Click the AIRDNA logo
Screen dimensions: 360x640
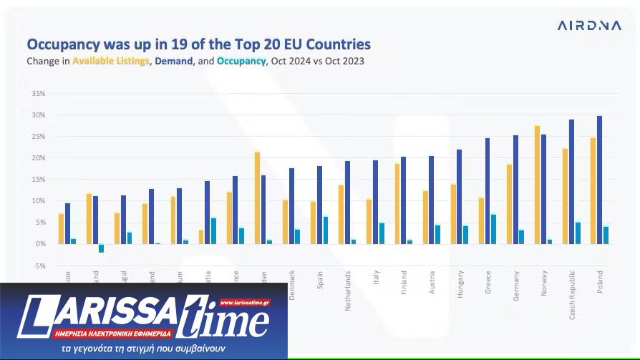coord(589,26)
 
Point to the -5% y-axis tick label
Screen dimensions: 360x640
coord(39,266)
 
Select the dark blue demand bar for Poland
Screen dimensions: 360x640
coord(599,180)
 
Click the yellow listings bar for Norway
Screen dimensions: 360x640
coord(537,185)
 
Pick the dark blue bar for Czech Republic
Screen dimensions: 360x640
coord(571,182)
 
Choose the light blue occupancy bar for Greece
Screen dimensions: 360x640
coord(493,229)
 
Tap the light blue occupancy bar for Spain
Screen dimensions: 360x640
coord(326,230)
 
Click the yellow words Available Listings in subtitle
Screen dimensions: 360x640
coord(111,61)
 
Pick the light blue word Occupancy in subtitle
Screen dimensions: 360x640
coord(241,61)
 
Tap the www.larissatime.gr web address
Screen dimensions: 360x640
coord(245,303)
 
